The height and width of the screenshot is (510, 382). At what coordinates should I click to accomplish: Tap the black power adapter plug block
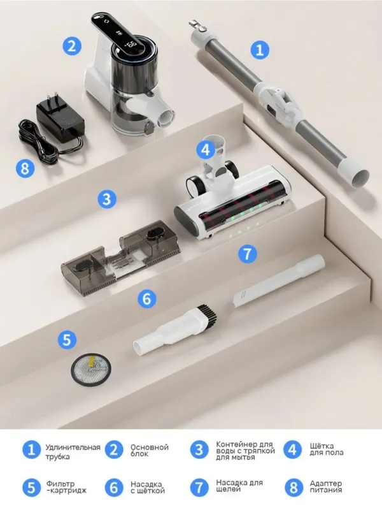pos(60,117)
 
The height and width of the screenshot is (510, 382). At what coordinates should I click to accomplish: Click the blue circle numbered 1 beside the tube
pos(260,50)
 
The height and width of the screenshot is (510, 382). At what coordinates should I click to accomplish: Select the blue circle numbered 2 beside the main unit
pos(72,45)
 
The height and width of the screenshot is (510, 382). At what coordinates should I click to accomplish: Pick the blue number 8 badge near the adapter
pos(25,168)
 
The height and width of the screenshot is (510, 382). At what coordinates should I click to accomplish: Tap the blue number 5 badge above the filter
pos(67,340)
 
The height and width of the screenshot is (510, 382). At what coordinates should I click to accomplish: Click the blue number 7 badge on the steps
pos(248,253)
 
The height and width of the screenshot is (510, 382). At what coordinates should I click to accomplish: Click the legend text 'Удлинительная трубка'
pos(73,452)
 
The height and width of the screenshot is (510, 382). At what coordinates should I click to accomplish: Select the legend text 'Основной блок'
pos(150,451)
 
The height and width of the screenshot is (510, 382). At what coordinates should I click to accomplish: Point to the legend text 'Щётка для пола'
pos(327,449)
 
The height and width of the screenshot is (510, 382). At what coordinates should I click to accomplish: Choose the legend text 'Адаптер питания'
pos(326,487)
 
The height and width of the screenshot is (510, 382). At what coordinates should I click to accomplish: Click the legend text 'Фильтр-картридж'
pos(67,487)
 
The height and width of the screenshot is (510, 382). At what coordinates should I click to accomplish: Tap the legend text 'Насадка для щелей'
pos(239,486)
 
